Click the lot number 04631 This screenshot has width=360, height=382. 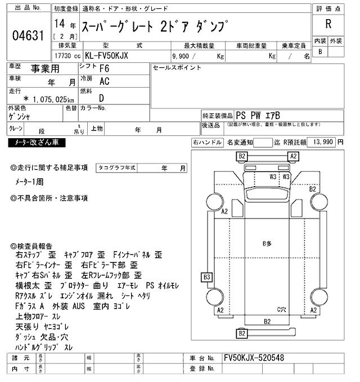pyautogui.click(x=28, y=37)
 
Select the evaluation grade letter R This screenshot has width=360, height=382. pyautogui.click(x=327, y=24)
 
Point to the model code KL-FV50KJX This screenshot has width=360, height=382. pyautogui.click(x=120, y=56)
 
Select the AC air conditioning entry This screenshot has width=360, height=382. pyautogui.click(x=104, y=81)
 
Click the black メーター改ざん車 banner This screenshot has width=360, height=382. pyautogui.click(x=37, y=143)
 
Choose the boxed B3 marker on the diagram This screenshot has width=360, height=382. pyautogui.click(x=207, y=277)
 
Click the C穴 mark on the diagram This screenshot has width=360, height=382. pyautogui.click(x=282, y=310)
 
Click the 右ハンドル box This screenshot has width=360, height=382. pyautogui.click(x=206, y=143)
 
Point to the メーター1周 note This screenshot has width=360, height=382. pyautogui.click(x=34, y=183)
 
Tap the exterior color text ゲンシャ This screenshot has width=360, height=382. pyautogui.click(x=20, y=117)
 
